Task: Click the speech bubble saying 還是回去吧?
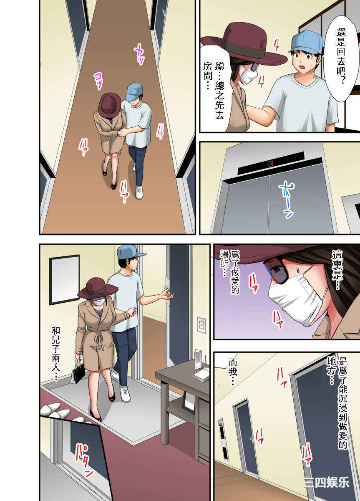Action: click(337, 56)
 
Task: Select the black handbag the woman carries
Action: click(78, 372)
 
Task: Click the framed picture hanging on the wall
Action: click(64, 279)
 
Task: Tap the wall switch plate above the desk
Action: click(201, 324)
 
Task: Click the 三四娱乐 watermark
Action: click(327, 483)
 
